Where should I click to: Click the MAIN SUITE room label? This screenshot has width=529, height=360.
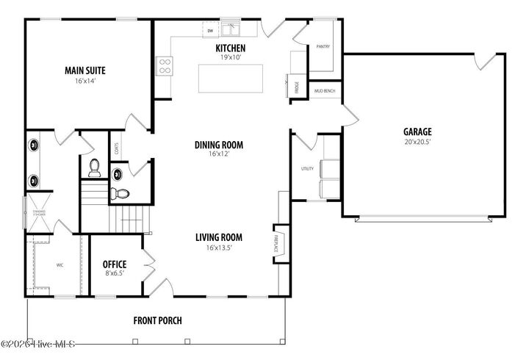coord(84,71)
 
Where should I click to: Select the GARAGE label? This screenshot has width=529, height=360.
coord(417,132)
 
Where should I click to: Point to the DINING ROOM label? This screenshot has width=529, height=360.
coord(218,145)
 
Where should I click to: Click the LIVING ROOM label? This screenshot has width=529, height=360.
coord(218,237)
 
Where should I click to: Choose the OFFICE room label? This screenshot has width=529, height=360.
coord(115,264)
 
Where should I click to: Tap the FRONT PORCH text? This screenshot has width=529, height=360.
coord(157,320)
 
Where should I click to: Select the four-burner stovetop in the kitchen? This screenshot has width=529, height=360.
coord(165,66)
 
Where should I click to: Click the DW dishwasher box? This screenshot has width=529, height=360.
coord(210,31)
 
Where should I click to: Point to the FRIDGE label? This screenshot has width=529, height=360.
coord(287,87)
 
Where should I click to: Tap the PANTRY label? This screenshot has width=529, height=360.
coord(323,46)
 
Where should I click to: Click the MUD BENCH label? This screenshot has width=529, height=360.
coord(324,91)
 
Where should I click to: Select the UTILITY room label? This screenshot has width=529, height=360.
coord(307,168)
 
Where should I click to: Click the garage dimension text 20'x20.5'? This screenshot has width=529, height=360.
coord(417,142)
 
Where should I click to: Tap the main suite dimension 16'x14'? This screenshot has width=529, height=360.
coord(84,82)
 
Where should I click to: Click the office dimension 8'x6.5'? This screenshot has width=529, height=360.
coord(115,273)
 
